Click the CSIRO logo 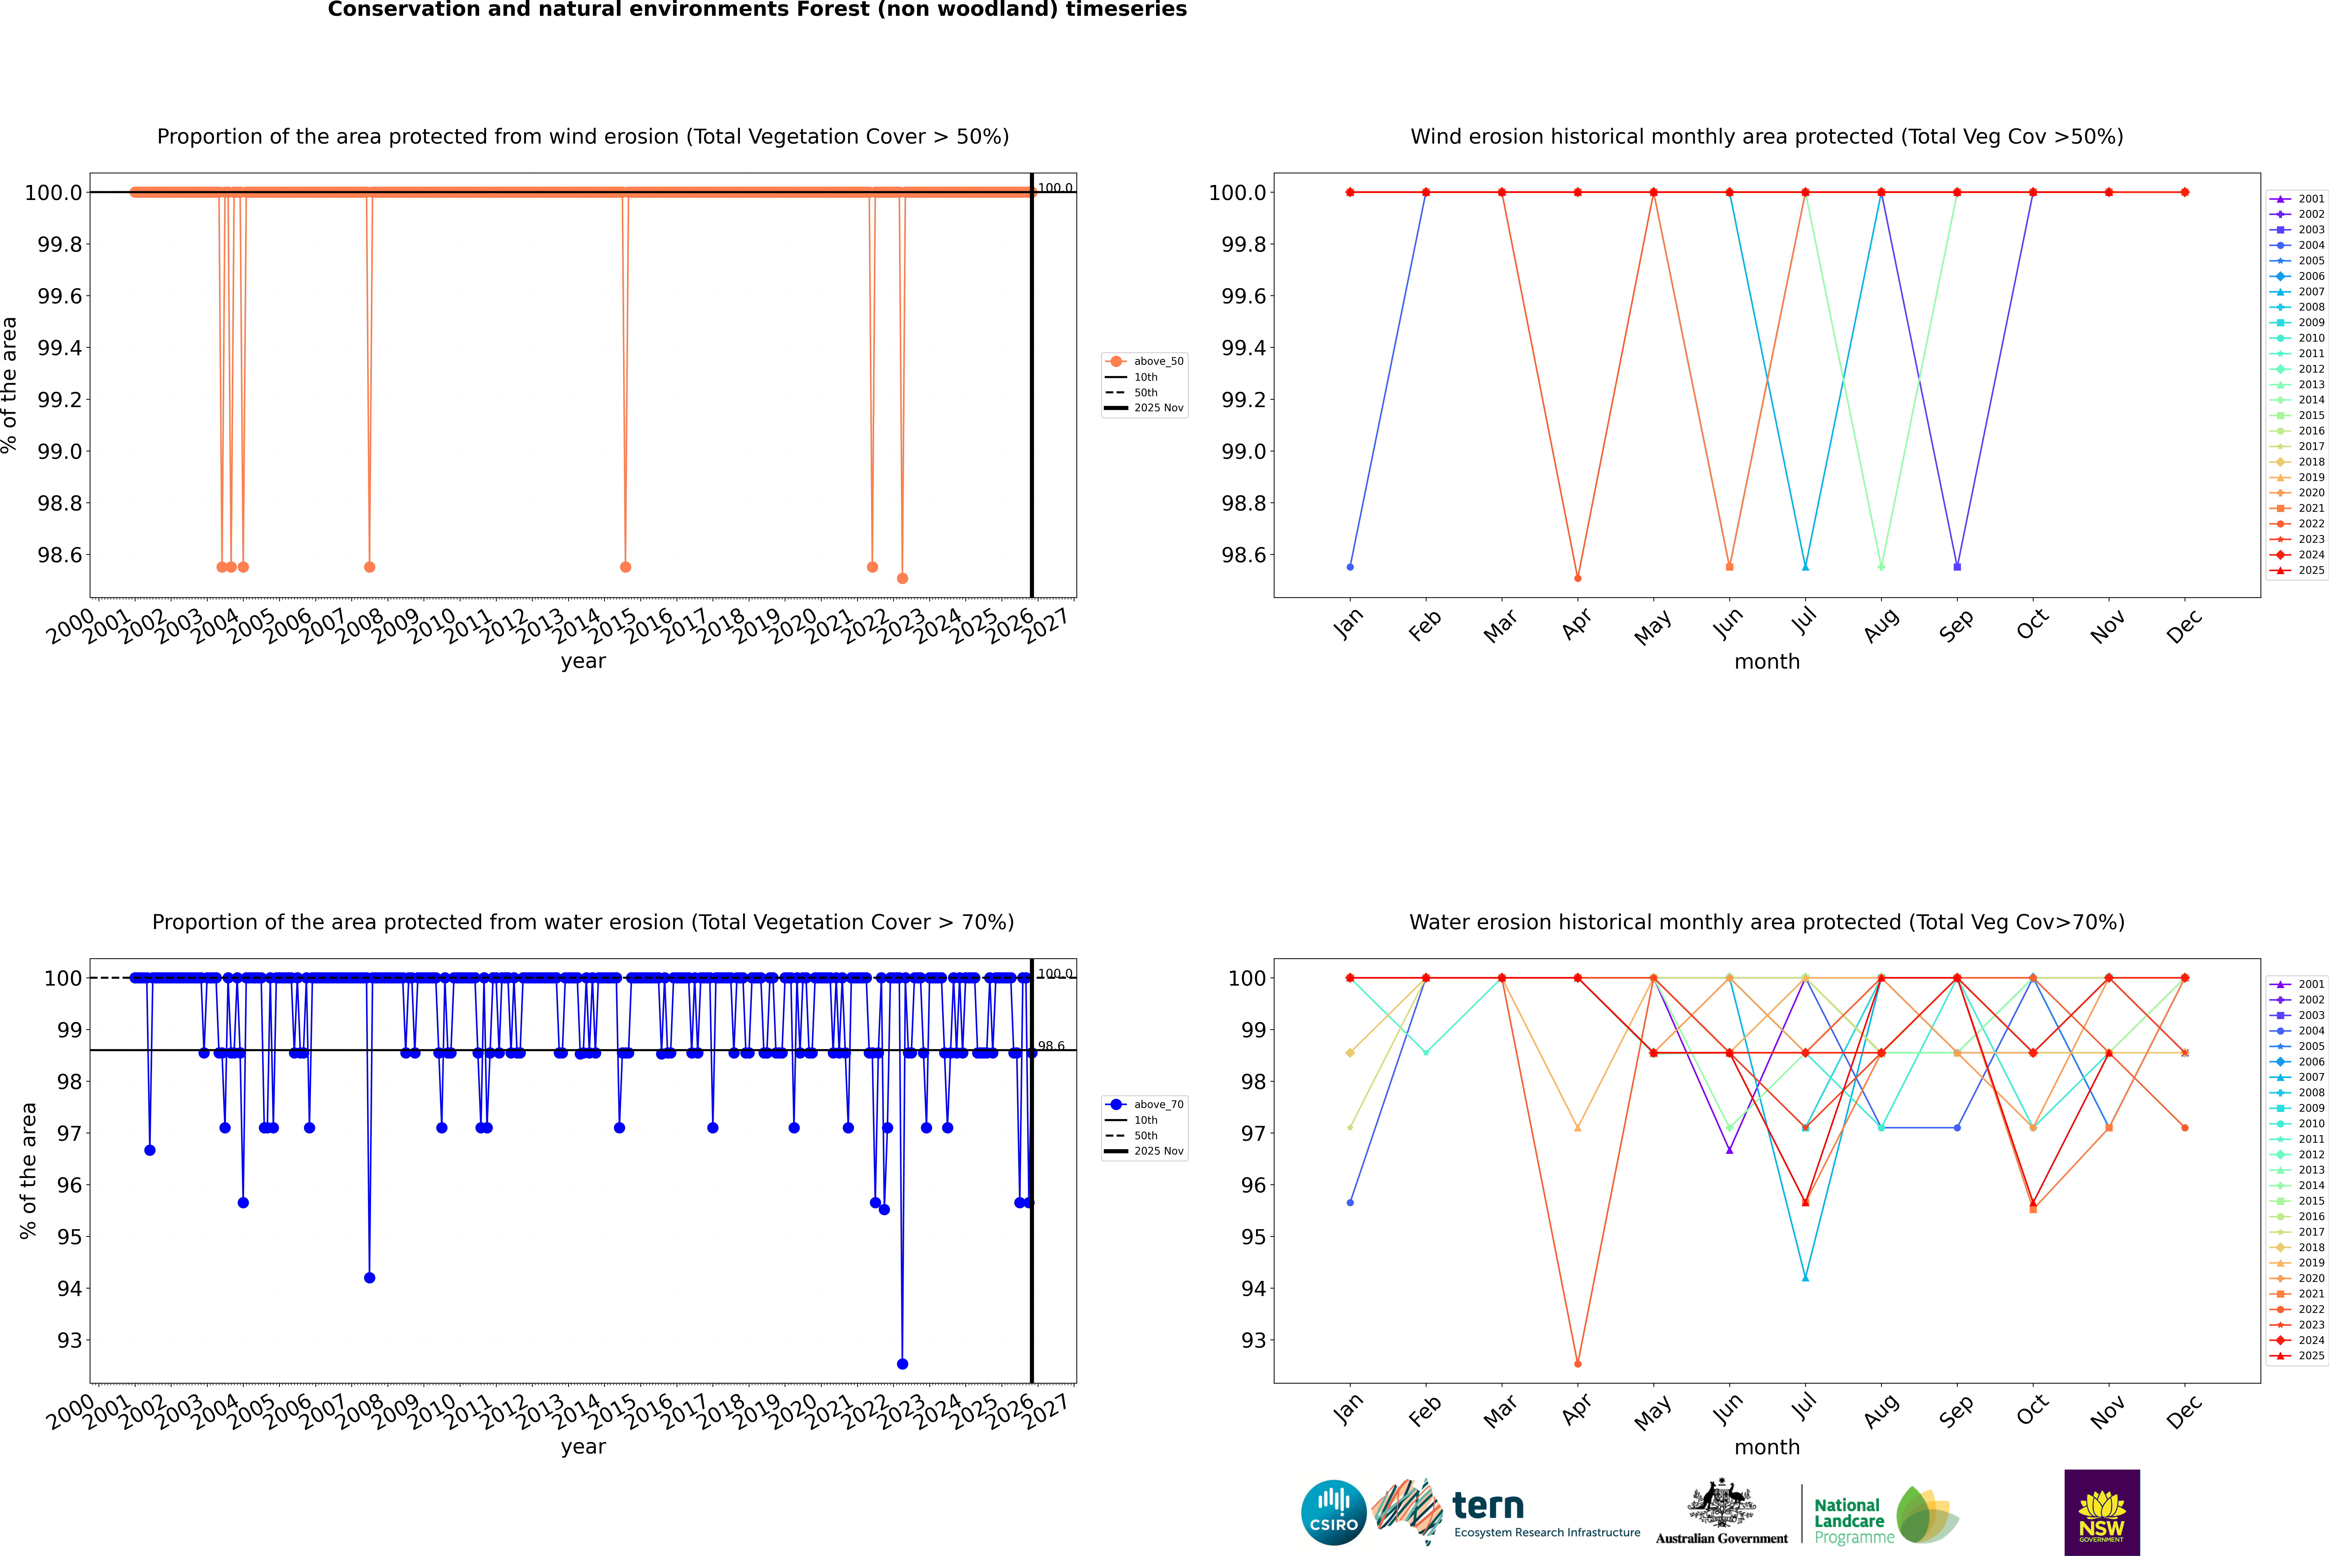[1333, 1512]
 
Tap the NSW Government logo [2102, 1512]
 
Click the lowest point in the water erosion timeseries [901, 1363]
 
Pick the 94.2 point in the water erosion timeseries [369, 1277]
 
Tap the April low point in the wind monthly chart [1578, 578]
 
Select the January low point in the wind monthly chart [1350, 567]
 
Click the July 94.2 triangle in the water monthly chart [1805, 1277]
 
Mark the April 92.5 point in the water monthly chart [1578, 1363]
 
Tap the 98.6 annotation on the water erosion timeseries [1051, 1046]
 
